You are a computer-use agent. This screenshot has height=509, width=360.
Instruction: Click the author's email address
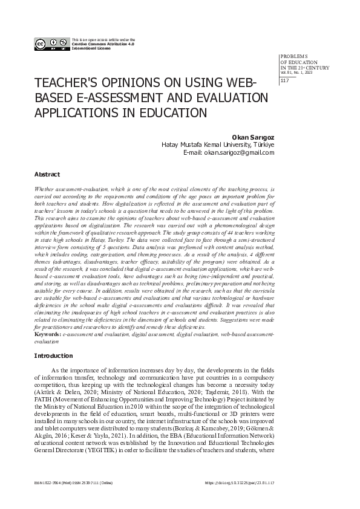(x=239, y=153)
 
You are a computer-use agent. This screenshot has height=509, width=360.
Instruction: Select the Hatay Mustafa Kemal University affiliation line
(x=218, y=145)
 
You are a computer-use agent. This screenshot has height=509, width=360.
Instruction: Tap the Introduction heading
(x=53, y=356)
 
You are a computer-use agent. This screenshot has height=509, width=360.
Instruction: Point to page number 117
(x=285, y=82)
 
